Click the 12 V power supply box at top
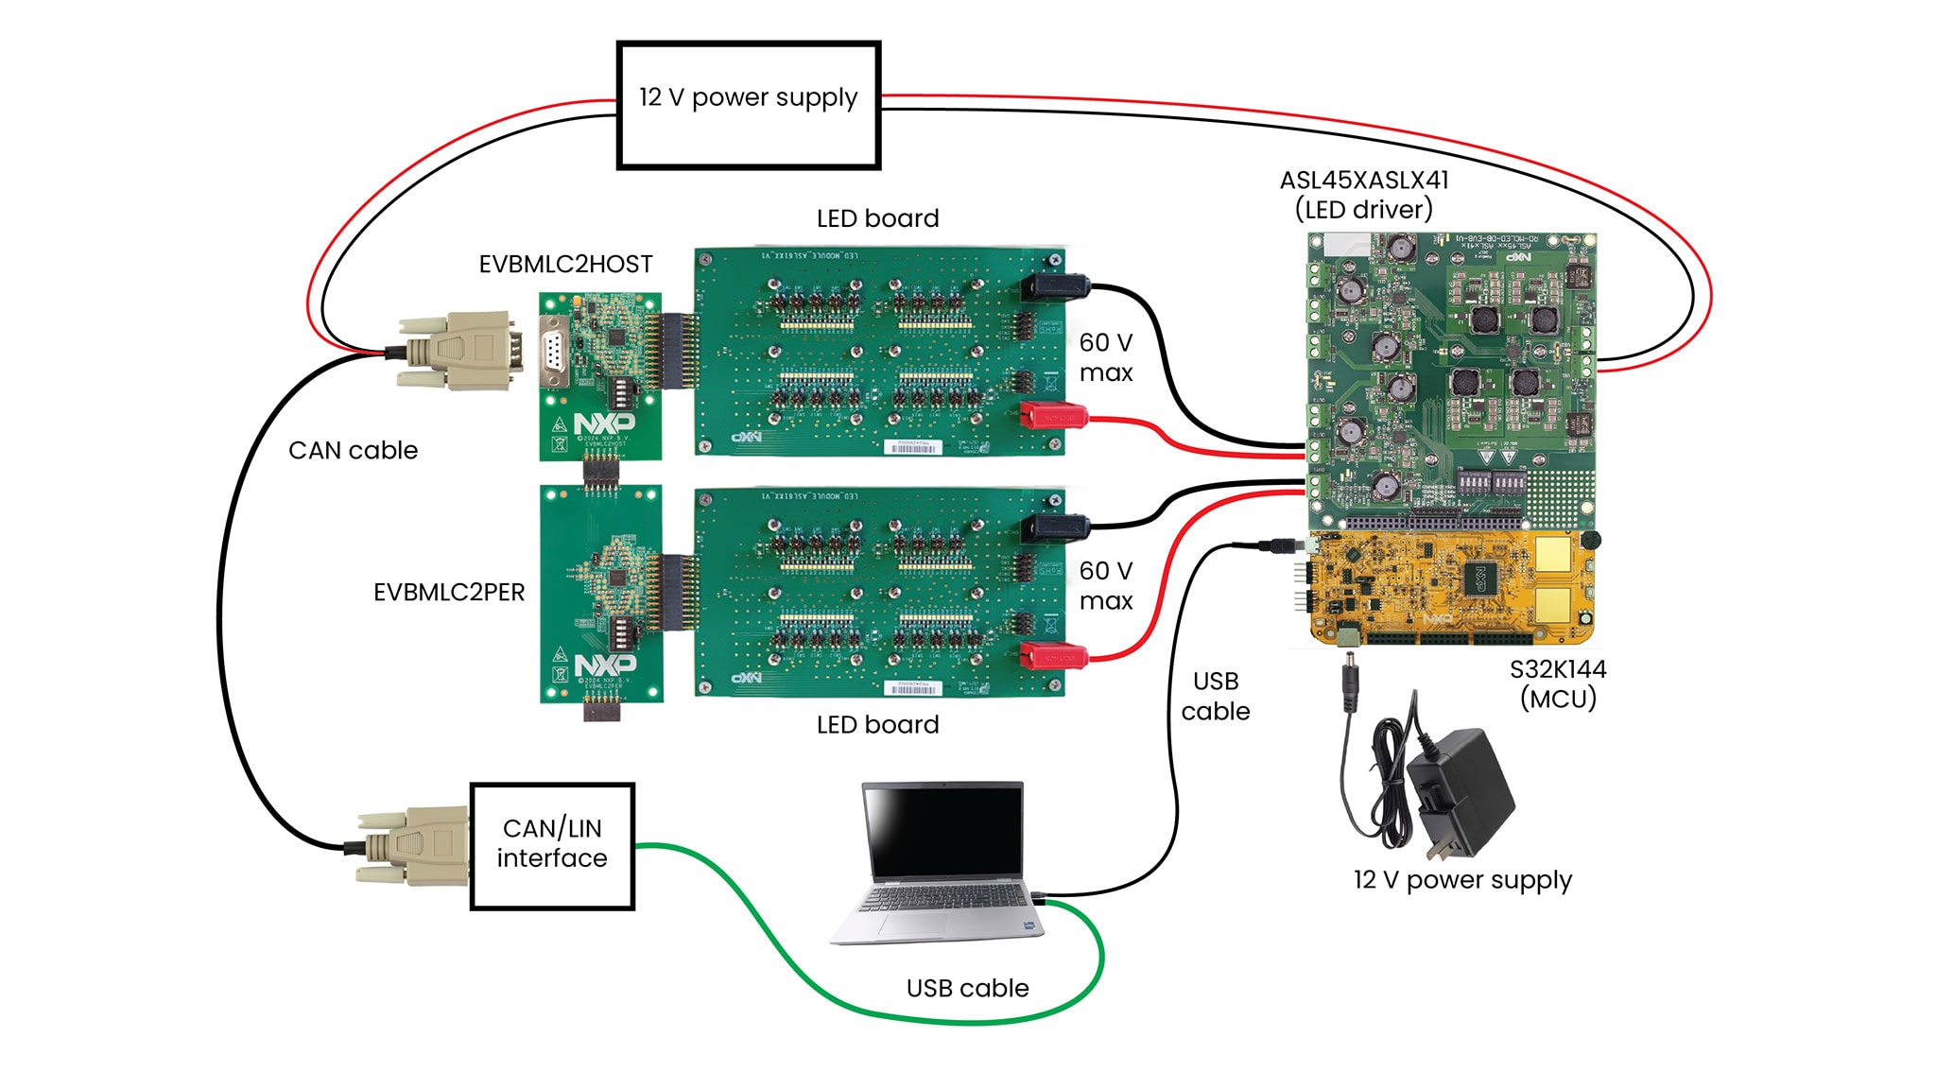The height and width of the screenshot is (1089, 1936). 748,105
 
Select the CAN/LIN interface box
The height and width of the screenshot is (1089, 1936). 552,845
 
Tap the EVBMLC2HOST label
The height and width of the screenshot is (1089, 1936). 565,264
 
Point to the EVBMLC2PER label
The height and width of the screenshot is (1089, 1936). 449,593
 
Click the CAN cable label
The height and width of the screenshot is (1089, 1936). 353,450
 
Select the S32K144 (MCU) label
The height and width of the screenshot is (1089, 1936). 1557,683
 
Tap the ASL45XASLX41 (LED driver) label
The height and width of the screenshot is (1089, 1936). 1363,195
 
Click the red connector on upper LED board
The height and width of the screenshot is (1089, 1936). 1053,415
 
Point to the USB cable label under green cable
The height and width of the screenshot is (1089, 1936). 966,988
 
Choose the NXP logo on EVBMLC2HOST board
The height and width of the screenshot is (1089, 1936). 605,422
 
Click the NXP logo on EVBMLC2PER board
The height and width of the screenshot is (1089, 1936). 605,665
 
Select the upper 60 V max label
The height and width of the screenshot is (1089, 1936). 1105,357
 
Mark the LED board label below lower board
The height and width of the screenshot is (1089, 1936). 877,725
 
